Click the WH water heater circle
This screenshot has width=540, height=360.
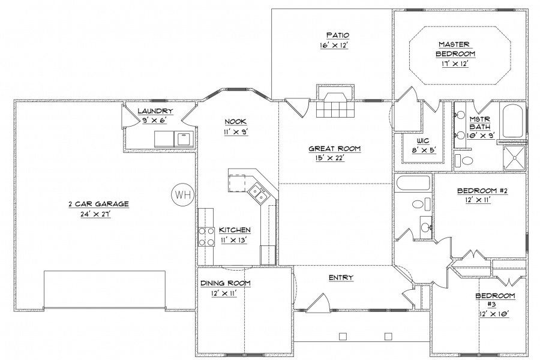(183, 194)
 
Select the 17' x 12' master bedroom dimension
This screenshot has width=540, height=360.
(455, 64)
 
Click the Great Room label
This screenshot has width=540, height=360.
(334, 148)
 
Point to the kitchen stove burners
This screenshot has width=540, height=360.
(206, 236)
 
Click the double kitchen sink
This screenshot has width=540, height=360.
(258, 194)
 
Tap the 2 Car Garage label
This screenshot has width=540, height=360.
(98, 204)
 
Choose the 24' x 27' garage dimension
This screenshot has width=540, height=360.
(95, 214)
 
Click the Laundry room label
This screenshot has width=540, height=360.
(155, 111)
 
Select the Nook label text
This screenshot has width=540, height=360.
(236, 121)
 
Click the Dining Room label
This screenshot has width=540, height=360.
(226, 283)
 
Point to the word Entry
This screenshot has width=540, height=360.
(341, 277)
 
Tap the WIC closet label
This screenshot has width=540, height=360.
(423, 141)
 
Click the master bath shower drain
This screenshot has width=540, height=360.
(515, 158)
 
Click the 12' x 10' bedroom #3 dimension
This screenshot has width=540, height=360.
(494, 314)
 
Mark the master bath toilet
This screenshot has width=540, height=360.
(464, 161)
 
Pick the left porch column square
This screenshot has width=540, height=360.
(343, 336)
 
